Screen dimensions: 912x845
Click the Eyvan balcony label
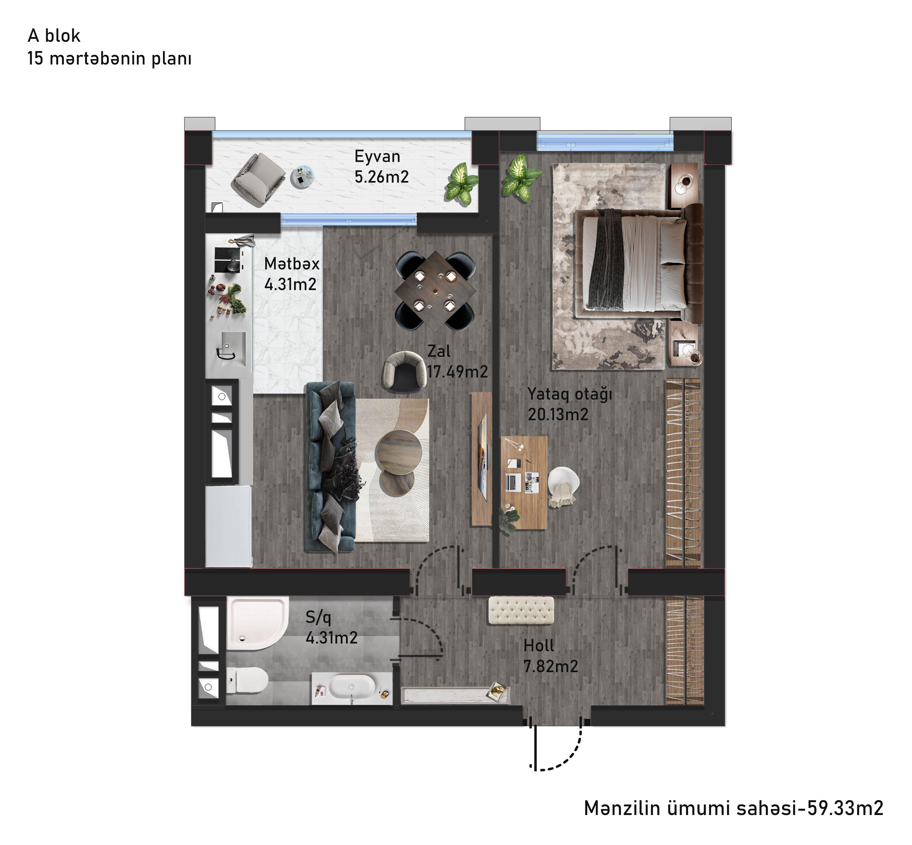pyautogui.click(x=377, y=156)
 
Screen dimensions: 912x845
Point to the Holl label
pyautogui.click(x=538, y=646)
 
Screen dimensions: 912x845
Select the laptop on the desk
pyautogui.click(x=513, y=482)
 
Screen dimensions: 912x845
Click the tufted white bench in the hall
pyautogui.click(x=521, y=610)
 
